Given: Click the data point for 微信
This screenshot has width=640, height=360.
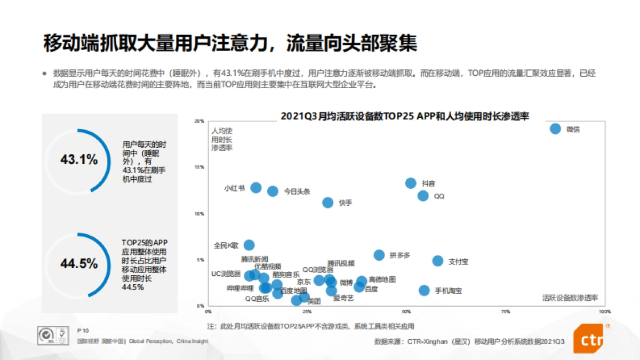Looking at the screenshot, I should [555, 129].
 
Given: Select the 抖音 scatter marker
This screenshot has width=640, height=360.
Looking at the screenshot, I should [411, 183].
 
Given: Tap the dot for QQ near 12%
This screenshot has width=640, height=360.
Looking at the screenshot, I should [423, 196].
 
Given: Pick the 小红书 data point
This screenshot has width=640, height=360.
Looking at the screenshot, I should [256, 188].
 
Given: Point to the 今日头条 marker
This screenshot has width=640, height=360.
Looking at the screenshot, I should [273, 191].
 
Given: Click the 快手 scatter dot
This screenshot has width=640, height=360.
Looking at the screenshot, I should [328, 202].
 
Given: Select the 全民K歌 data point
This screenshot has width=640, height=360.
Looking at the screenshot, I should [249, 245].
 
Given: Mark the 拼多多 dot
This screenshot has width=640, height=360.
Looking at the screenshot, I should [379, 255].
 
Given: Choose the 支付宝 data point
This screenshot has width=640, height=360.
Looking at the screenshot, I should [438, 261].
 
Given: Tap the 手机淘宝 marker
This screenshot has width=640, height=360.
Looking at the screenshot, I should [424, 290].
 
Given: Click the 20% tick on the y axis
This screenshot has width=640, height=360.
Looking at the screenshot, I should [199, 121].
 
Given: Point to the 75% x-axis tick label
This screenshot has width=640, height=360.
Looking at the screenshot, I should [505, 311].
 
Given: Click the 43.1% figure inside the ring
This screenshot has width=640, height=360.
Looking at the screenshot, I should [79, 159].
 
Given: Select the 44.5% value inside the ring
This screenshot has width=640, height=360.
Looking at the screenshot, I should [79, 263].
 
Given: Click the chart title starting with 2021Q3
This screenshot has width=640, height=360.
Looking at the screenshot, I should [405, 116].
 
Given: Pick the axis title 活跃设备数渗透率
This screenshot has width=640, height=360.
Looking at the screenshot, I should [570, 297].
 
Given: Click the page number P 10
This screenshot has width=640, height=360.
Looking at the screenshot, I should [83, 330].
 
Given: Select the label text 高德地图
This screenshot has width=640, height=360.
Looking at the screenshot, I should [382, 279].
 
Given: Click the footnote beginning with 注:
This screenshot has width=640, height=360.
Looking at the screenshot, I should [310, 325].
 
